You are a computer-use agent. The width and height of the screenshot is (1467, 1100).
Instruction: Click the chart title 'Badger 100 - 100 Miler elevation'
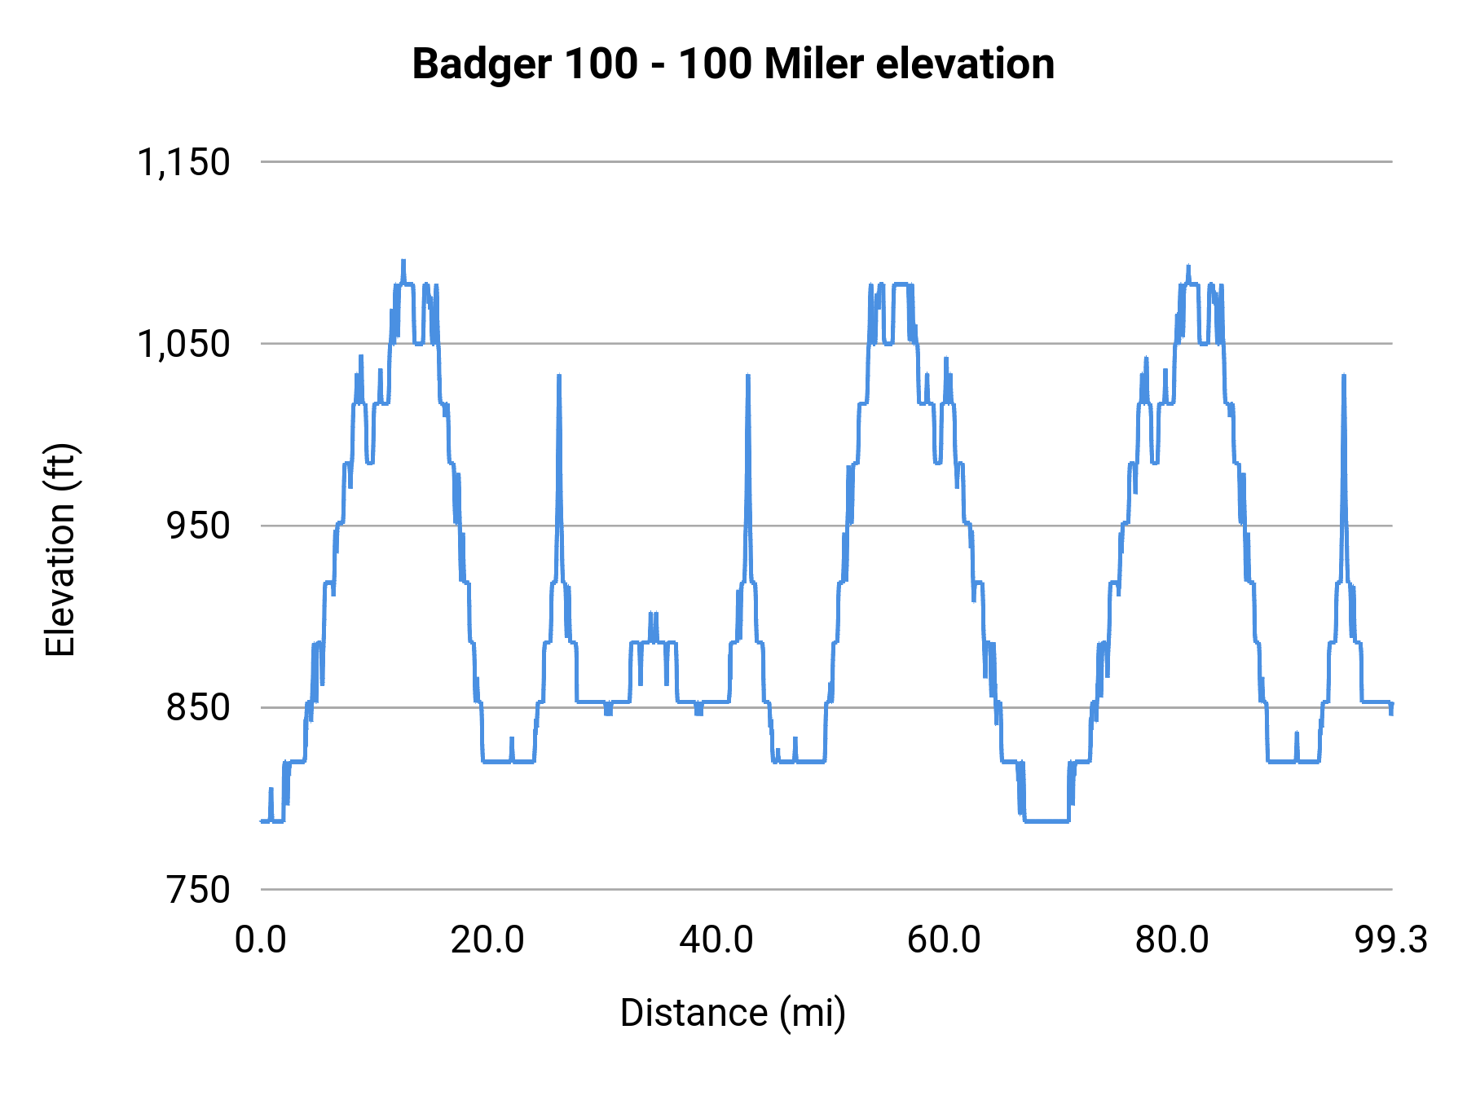(733, 64)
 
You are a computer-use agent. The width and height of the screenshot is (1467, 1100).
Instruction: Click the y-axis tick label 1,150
(183, 162)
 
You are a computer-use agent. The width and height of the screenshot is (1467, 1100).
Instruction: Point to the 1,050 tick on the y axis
(183, 344)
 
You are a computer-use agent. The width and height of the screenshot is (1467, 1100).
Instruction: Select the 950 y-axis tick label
(198, 526)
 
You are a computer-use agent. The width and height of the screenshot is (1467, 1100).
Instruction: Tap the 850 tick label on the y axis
(198, 707)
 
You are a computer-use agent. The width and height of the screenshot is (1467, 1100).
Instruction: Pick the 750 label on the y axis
(198, 890)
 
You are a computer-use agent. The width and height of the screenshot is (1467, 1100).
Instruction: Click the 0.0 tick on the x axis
(261, 939)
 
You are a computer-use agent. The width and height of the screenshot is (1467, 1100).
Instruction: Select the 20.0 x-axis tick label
(487, 939)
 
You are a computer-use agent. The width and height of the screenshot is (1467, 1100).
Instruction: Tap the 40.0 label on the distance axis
(716, 939)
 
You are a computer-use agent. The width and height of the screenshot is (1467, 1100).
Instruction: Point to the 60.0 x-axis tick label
(944, 939)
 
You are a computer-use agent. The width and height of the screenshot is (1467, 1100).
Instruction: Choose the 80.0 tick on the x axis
(1172, 939)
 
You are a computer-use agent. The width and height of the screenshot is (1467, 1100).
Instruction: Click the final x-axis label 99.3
(1391, 939)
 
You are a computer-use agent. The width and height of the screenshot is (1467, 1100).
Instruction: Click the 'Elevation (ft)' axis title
(60, 550)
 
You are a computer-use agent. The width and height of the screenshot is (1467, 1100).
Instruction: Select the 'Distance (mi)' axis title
(733, 1013)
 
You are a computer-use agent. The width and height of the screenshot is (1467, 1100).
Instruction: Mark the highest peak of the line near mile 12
(403, 262)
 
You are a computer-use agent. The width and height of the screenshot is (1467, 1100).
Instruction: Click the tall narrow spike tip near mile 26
(559, 376)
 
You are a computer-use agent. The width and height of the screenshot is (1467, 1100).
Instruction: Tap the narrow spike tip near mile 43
(747, 376)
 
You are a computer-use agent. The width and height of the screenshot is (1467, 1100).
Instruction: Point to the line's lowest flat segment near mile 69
(1047, 821)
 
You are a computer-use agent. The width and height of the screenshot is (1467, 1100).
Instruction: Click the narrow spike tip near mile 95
(1343, 376)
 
